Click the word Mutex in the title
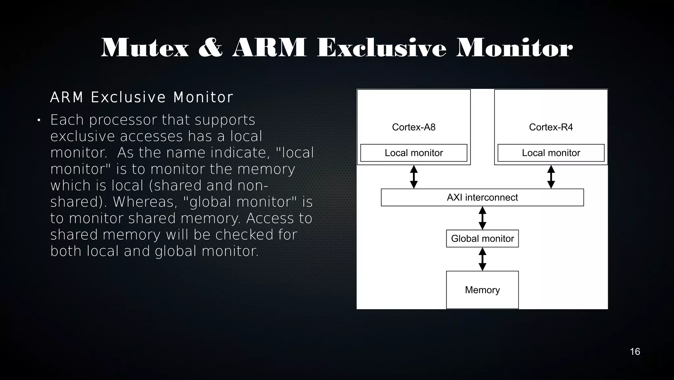tap(145, 48)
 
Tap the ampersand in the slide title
tap(211, 48)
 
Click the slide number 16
tap(635, 352)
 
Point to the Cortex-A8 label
tap(414, 127)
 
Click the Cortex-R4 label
tap(551, 127)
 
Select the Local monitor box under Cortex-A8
tap(414, 153)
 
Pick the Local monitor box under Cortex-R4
tap(551, 153)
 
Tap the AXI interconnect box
tap(482, 198)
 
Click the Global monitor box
tap(482, 239)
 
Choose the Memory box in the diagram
tap(482, 290)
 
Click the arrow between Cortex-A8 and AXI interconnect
tap(414, 177)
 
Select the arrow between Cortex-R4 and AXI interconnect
tap(551, 177)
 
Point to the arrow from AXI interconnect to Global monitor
tap(482, 218)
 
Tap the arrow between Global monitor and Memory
tap(482, 259)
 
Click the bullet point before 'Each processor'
tap(39, 121)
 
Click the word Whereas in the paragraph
tap(143, 202)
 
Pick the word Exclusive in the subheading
tap(128, 98)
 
